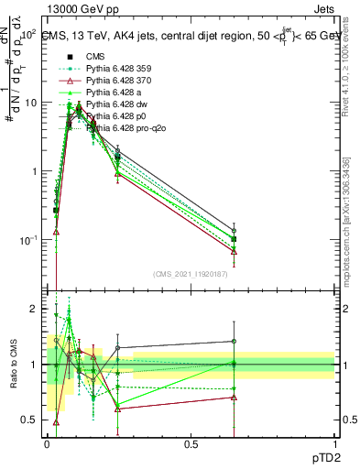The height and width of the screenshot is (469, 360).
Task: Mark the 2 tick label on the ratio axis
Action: (x=35, y=309)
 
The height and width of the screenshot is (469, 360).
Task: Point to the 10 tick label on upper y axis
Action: (x=30, y=103)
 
